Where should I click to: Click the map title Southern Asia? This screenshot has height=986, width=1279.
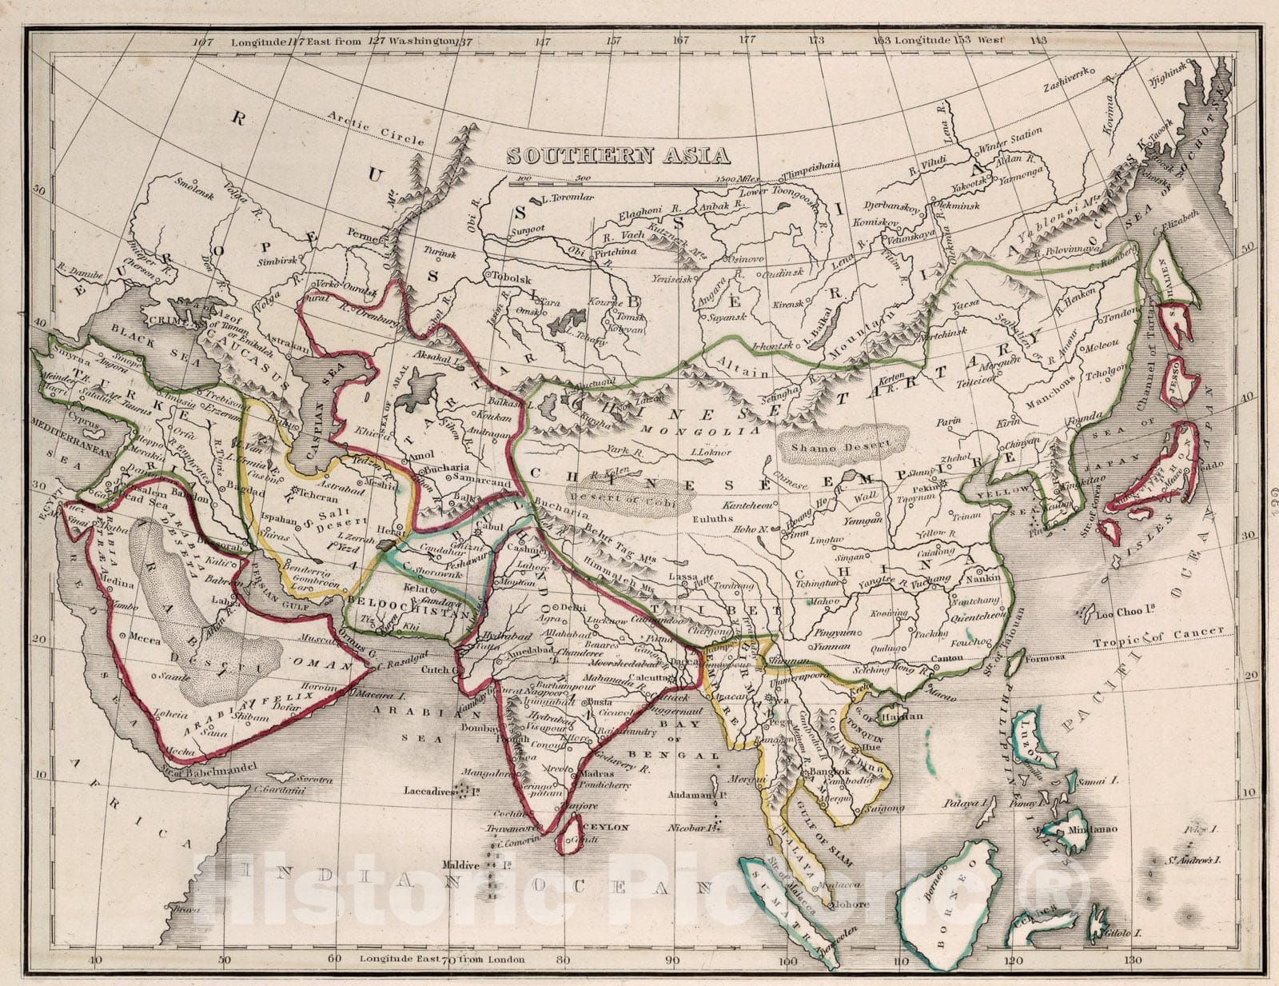[x=618, y=155]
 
